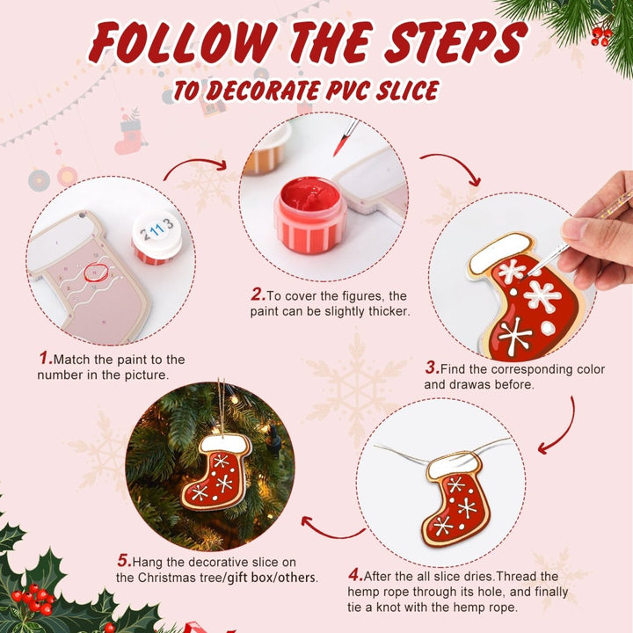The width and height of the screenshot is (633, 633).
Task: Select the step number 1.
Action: pyautogui.click(x=45, y=359)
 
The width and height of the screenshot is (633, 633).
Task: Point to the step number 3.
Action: pyautogui.click(x=432, y=368)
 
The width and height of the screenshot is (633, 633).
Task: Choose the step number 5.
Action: pyautogui.click(x=124, y=561)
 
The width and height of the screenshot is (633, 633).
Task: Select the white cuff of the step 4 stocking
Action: pyautogui.click(x=456, y=464)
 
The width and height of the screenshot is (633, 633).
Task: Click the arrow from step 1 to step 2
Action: pyautogui.click(x=194, y=164)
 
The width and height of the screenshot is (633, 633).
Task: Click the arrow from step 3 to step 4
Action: pyautogui.click(x=560, y=426)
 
